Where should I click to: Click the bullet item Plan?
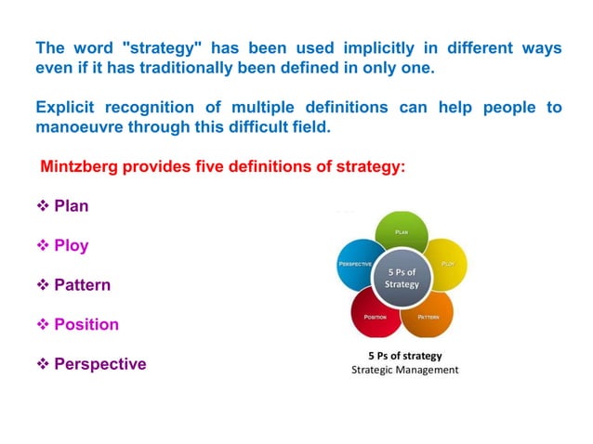tap(71, 206)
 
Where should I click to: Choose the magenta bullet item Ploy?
tap(71, 246)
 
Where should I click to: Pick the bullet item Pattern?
tap(82, 285)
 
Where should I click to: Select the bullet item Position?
tap(86, 324)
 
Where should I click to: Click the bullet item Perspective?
tap(99, 364)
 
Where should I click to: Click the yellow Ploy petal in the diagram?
tap(446, 262)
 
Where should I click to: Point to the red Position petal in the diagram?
tap(375, 315)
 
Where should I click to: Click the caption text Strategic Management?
tap(404, 370)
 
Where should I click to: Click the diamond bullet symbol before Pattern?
tap(41, 285)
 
